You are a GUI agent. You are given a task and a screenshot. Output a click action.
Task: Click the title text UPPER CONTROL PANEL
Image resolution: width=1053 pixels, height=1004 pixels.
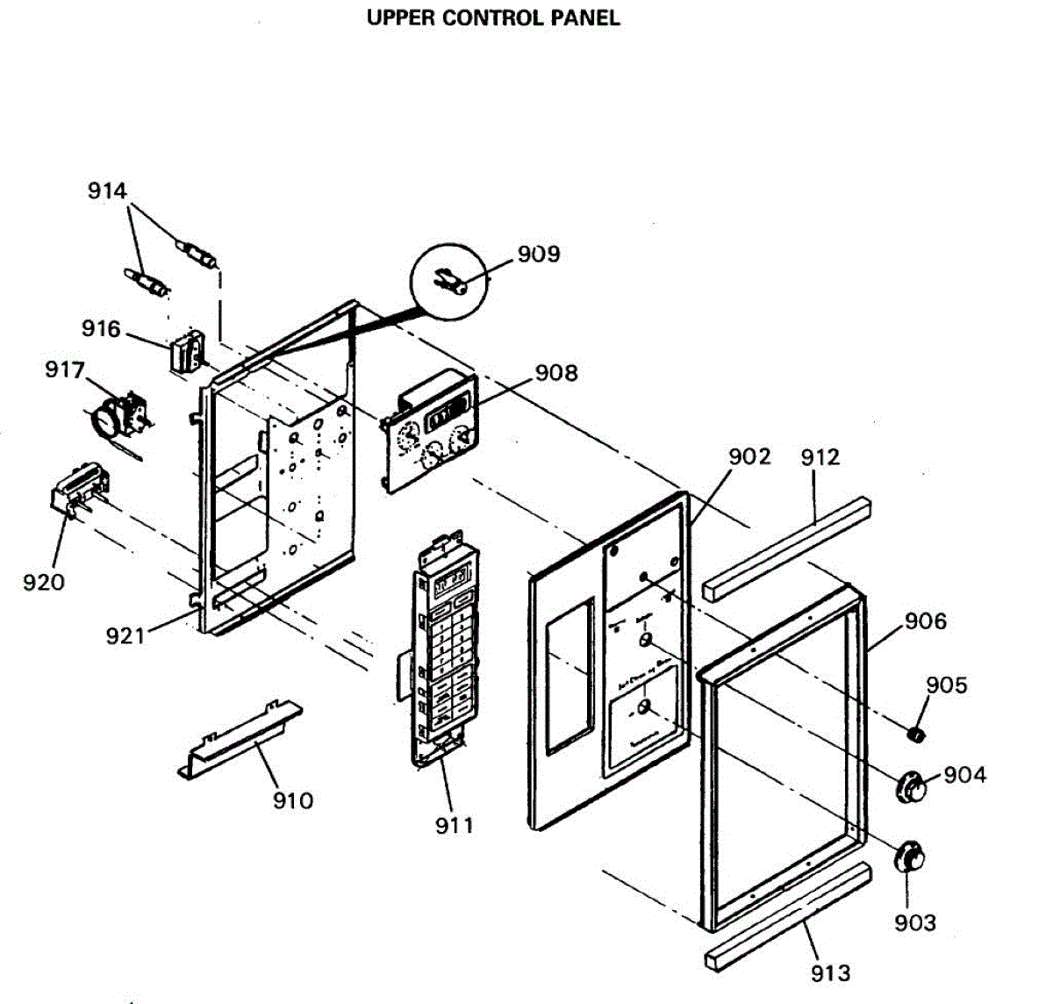(x=493, y=18)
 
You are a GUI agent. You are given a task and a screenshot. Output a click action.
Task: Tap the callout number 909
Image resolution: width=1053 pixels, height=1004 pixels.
(x=538, y=254)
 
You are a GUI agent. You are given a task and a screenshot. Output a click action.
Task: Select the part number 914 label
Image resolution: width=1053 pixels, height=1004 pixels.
(x=107, y=190)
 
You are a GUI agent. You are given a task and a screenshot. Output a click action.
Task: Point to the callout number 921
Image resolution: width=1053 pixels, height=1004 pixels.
(x=125, y=635)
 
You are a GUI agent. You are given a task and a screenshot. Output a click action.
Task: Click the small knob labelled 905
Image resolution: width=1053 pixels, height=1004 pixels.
(x=917, y=732)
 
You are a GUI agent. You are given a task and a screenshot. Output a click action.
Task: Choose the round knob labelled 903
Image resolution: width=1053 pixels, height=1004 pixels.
(x=910, y=857)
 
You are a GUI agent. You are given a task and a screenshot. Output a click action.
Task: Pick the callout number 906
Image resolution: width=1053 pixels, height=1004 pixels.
(x=926, y=621)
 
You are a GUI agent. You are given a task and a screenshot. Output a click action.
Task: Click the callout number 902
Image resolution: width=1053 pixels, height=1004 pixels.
(x=749, y=456)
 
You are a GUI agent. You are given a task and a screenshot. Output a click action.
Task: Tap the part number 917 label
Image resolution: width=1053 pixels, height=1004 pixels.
(x=65, y=370)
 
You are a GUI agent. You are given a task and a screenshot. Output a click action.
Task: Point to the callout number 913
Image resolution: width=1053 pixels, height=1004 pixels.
(x=830, y=972)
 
